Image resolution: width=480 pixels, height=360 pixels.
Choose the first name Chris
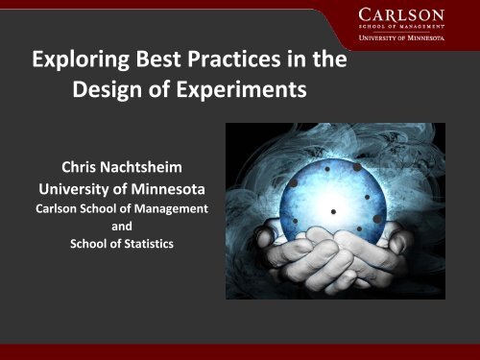click(x=83, y=165)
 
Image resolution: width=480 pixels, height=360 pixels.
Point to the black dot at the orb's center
click(x=333, y=211)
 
